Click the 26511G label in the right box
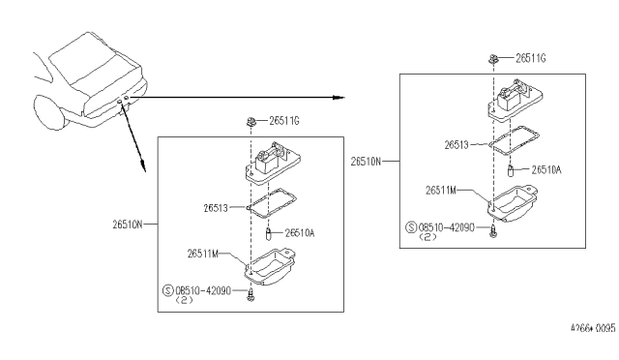click(531, 58)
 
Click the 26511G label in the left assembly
click(284, 121)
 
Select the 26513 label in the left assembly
click(216, 208)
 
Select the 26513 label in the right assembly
click(457, 145)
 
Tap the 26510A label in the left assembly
click(300, 233)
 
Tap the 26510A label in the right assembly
click(546, 170)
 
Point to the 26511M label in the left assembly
click(202, 254)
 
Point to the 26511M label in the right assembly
click(441, 191)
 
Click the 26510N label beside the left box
click(127, 225)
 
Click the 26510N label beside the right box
click(366, 162)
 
